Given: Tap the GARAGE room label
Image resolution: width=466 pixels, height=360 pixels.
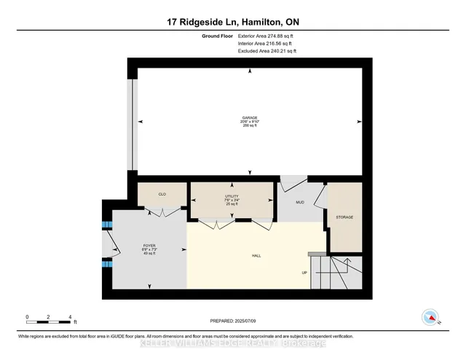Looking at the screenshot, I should pos(250,117).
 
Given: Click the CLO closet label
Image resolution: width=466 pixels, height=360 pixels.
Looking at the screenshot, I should pos(162,195).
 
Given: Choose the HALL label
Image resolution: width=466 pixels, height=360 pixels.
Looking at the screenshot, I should pos(256,256).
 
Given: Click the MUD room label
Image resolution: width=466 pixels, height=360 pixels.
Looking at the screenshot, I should pos(299,202).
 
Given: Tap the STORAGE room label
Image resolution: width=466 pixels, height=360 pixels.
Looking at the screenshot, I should pos(344,217).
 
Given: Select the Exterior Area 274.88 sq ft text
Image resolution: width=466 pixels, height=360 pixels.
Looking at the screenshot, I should pos(267,36).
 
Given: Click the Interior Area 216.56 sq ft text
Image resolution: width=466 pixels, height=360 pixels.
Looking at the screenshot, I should pos(266,44).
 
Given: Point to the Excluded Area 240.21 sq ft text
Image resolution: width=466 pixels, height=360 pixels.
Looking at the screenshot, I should pos(267,52).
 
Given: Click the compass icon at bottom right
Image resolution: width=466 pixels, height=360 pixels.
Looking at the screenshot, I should pos(430,317).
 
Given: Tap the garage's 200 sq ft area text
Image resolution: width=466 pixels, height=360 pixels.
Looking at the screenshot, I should pos(250,126).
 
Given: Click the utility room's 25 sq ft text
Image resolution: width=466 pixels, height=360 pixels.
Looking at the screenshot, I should pos(232,205).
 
